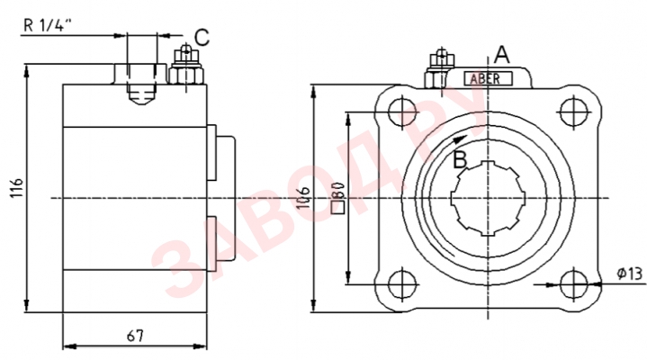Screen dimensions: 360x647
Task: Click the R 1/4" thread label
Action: [46, 24]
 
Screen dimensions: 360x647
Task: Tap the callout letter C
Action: [202, 38]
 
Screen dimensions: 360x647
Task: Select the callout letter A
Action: [502, 54]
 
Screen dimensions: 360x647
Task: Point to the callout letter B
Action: [459, 159]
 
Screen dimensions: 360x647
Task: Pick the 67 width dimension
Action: [135, 336]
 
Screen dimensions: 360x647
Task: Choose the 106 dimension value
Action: [304, 200]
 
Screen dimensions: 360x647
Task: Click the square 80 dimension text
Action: [338, 197]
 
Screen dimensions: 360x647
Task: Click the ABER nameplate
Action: [488, 78]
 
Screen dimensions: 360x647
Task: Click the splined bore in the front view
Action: [487, 197]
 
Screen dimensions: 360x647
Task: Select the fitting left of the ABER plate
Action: [438, 73]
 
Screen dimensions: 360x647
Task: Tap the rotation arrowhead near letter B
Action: [461, 139]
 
